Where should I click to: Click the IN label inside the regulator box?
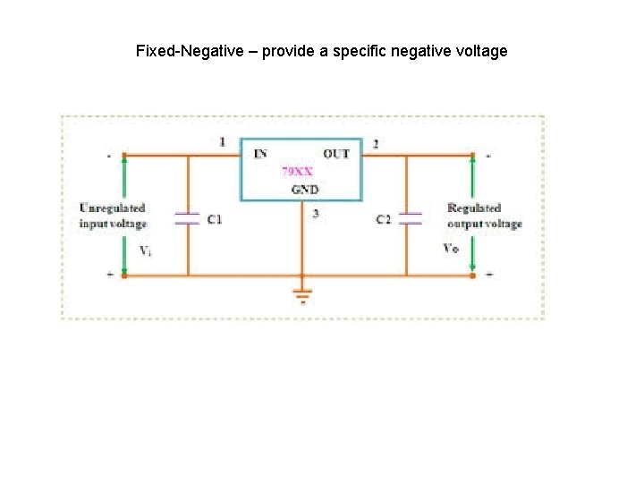(259, 154)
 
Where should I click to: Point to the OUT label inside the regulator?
(336, 154)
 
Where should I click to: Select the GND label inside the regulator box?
(304, 189)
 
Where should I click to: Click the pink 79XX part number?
(297, 170)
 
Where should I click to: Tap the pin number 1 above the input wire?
(222, 142)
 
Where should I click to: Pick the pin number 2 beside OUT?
(375, 143)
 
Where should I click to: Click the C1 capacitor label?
(215, 219)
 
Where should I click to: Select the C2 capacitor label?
(383, 219)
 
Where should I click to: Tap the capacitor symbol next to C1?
(187, 218)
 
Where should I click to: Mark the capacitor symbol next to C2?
(410, 218)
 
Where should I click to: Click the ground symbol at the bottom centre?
(302, 294)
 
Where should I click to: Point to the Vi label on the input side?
(145, 250)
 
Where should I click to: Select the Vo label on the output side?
(452, 248)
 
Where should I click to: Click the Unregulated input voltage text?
(112, 216)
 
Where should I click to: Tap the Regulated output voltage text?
(484, 216)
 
